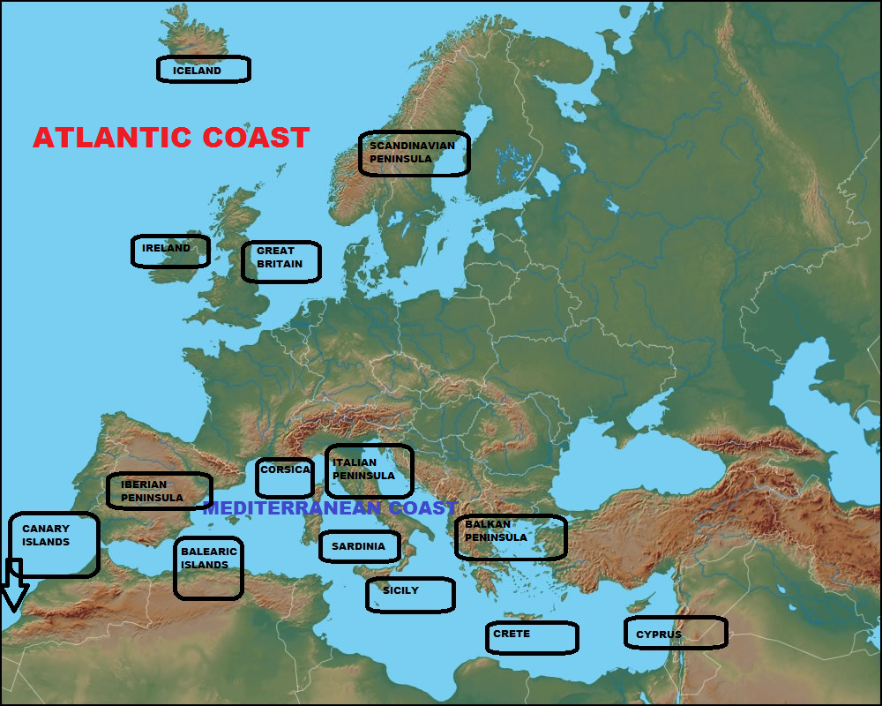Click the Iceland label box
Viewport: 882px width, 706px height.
(203, 70)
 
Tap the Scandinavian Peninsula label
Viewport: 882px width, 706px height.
(414, 154)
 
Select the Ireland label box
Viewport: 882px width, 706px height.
(170, 251)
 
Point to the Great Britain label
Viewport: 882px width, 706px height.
(280, 261)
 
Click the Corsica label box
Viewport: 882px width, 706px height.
(285, 477)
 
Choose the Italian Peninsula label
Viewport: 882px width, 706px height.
(369, 470)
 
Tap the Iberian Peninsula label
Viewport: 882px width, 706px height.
(159, 491)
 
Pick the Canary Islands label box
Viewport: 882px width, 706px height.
(54, 545)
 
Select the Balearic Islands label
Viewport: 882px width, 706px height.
(208, 567)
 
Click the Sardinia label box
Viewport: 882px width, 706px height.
(358, 546)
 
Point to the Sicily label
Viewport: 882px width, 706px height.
(410, 594)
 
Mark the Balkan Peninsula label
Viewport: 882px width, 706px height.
(511, 537)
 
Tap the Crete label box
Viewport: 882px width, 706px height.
(531, 637)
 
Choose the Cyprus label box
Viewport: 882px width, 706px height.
(675, 633)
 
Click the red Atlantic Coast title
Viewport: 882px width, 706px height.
(171, 138)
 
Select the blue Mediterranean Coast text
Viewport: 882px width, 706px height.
(330, 508)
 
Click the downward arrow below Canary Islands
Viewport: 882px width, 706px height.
(14, 587)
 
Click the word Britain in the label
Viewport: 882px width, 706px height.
(280, 264)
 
